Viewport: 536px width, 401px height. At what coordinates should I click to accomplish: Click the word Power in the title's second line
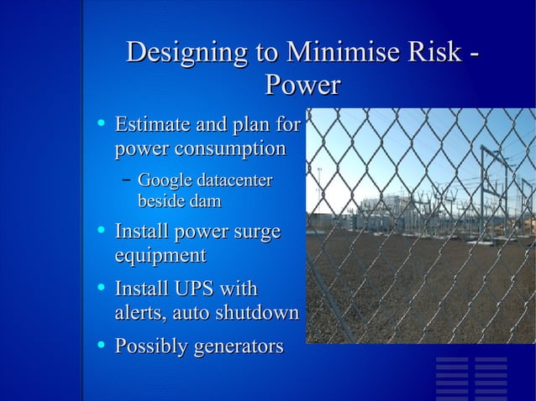tap(302, 85)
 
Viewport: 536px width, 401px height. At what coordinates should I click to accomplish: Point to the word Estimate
tap(151, 126)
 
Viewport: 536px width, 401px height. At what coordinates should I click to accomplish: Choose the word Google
tap(164, 180)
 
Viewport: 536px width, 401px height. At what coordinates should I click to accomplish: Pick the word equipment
tap(160, 254)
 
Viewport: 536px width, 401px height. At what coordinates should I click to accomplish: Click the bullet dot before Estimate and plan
tap(101, 124)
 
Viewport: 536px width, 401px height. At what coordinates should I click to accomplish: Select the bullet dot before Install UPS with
tap(101, 288)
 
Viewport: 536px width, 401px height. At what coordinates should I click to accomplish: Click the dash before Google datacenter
tap(125, 179)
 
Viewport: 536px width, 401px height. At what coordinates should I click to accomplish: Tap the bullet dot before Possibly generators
tap(101, 344)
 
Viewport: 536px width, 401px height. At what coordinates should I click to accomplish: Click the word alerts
tap(139, 313)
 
